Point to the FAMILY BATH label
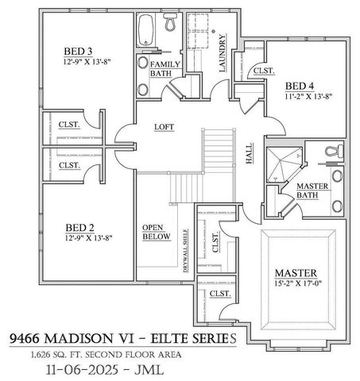point(165,68)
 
